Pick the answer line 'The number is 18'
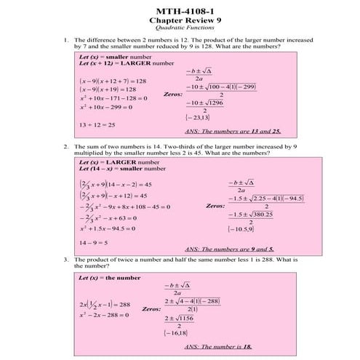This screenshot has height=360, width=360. (x=218, y=346)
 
